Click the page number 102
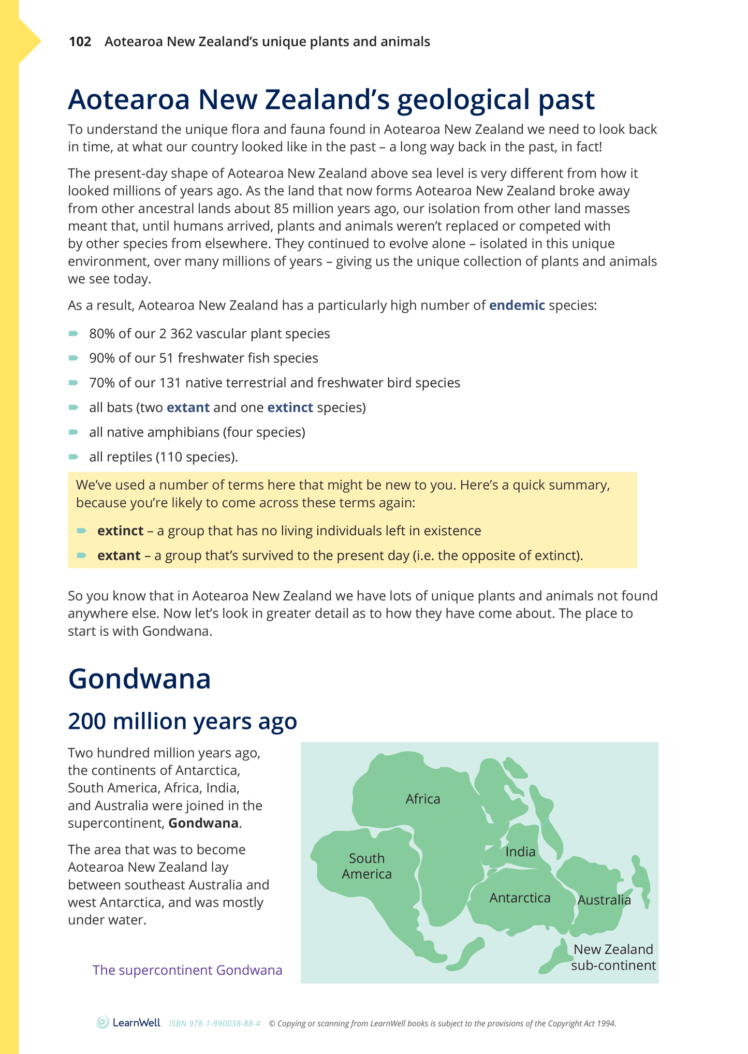pyautogui.click(x=80, y=42)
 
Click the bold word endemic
pyautogui.click(x=517, y=305)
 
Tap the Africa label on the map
pyautogui.click(x=422, y=799)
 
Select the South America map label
pyautogui.click(x=366, y=866)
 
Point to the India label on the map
pyautogui.click(x=520, y=852)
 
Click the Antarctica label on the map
pyautogui.click(x=520, y=898)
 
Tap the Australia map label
pyautogui.click(x=604, y=900)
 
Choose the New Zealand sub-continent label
pyautogui.click(x=613, y=957)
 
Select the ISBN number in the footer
pyautogui.click(x=214, y=1023)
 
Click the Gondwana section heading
pyautogui.click(x=139, y=679)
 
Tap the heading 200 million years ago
pyautogui.click(x=182, y=721)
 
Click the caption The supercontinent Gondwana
pyautogui.click(x=187, y=970)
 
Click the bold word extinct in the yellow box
pyautogui.click(x=120, y=531)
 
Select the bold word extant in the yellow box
pyautogui.click(x=119, y=555)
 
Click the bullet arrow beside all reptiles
pyautogui.click(x=74, y=457)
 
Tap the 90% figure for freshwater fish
pyautogui.click(x=101, y=358)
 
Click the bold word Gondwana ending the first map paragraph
pyautogui.click(x=203, y=823)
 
